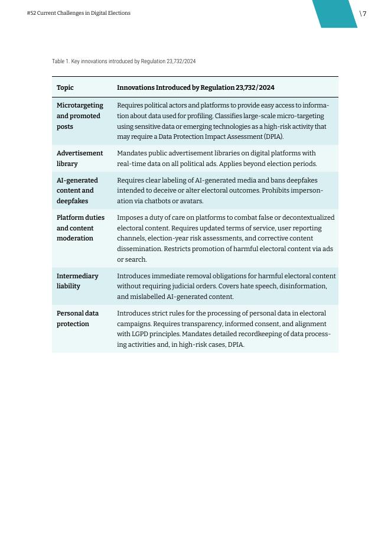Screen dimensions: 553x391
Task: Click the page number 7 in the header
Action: click(364, 14)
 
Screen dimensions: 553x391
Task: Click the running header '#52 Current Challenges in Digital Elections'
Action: click(79, 13)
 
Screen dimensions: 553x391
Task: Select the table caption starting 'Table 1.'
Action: click(123, 61)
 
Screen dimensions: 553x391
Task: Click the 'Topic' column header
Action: click(65, 87)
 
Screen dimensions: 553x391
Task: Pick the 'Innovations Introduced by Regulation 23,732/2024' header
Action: click(195, 87)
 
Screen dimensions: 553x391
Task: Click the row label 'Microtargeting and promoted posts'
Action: click(80, 116)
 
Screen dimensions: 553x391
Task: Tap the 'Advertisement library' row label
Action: click(80, 158)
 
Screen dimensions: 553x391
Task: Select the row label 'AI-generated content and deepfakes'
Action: click(77, 190)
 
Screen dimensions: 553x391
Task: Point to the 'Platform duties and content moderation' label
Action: click(80, 227)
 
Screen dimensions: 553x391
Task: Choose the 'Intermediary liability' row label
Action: click(77, 281)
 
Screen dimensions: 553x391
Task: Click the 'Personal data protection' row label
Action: click(77, 318)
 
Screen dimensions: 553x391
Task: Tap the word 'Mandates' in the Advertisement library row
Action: click(132, 153)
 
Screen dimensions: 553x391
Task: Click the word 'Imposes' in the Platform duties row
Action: click(130, 217)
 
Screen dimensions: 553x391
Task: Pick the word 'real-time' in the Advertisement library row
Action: click(131, 164)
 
